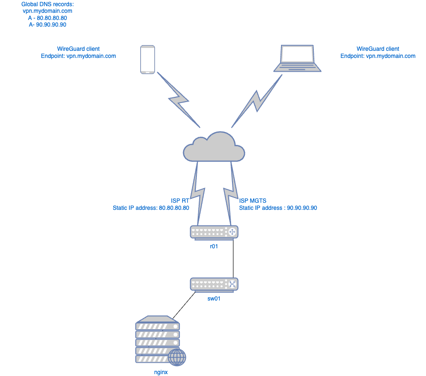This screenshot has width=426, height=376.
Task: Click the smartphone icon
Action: [x=148, y=59]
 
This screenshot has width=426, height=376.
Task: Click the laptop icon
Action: [x=297, y=58]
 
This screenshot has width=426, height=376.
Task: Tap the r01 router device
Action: [x=213, y=232]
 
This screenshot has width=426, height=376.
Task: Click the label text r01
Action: [x=213, y=246]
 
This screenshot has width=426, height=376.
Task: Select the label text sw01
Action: [x=213, y=299]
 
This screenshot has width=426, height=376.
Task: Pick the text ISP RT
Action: [x=180, y=200]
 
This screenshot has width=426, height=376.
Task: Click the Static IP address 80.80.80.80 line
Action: [x=151, y=208]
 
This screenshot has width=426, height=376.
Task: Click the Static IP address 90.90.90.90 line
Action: [x=278, y=208]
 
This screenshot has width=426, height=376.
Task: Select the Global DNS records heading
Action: [x=48, y=4]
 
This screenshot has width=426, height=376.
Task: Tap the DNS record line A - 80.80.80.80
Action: [x=48, y=18]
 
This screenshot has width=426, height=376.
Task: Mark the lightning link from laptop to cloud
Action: [x=256, y=100]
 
